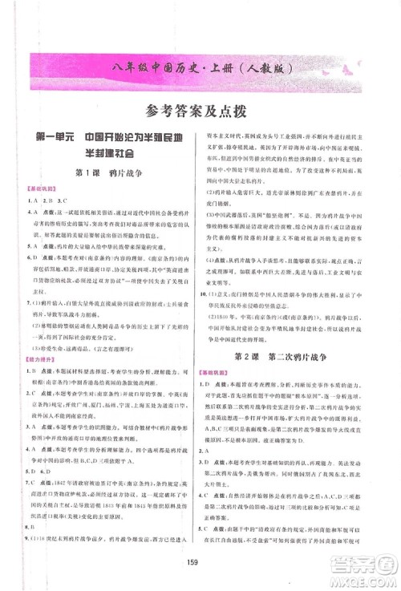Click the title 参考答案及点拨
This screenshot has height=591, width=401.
tap(200, 111)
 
